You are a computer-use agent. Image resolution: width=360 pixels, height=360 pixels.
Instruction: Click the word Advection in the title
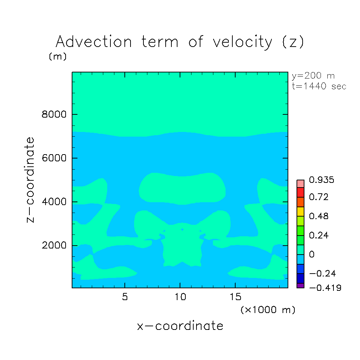pyautogui.click(x=94, y=42)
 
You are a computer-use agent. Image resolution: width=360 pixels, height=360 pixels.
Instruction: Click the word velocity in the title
pyautogui.click(x=242, y=42)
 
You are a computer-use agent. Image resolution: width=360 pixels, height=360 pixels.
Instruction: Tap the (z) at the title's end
pyautogui.click(x=293, y=42)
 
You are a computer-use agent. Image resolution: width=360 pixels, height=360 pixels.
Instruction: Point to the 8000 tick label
pyautogui.click(x=54, y=114)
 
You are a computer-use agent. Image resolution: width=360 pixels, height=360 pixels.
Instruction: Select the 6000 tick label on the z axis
pyautogui.click(x=54, y=158)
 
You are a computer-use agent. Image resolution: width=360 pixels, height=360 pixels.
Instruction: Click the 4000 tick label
pyautogui.click(x=54, y=202)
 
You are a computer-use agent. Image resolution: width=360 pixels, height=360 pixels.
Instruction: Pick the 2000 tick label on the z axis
pyautogui.click(x=54, y=245)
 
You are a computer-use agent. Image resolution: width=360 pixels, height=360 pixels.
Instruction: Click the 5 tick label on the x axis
pyautogui.click(x=125, y=297)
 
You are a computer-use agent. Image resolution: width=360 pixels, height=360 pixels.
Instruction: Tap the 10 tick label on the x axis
pyautogui.click(x=180, y=297)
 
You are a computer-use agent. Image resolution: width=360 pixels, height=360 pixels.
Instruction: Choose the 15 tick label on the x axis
pyautogui.click(x=235, y=297)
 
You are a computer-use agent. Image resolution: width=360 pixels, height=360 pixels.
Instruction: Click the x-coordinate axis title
pyautogui.click(x=180, y=326)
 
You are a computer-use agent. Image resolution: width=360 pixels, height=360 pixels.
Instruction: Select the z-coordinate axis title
pyautogui.click(x=30, y=180)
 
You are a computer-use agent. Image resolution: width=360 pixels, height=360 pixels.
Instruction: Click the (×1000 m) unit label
pyautogui.click(x=268, y=310)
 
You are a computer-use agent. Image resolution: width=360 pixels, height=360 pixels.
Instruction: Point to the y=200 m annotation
pyautogui.click(x=313, y=76)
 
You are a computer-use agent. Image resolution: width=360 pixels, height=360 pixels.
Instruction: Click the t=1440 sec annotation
pyautogui.click(x=319, y=86)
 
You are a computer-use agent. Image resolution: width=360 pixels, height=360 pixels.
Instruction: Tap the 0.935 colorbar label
pyautogui.click(x=321, y=180)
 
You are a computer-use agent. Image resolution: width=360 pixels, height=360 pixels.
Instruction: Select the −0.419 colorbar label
pyautogui.click(x=325, y=288)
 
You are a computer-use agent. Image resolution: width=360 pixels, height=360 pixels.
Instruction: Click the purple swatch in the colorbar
pyautogui.click(x=300, y=286)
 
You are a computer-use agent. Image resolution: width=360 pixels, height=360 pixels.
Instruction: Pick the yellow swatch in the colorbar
pyautogui.click(x=300, y=212)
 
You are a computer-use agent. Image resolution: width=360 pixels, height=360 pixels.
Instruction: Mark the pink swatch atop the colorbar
pyautogui.click(x=300, y=184)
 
